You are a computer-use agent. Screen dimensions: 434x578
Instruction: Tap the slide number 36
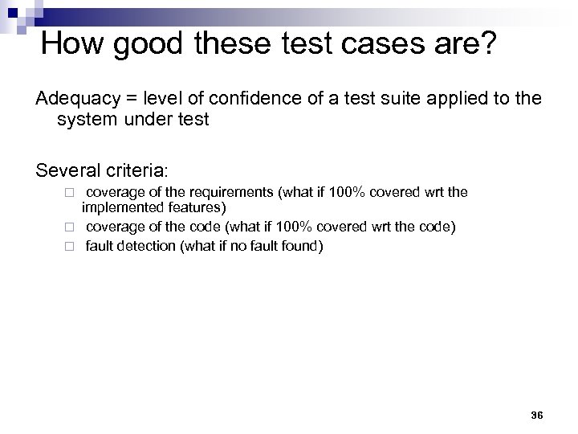click(537, 416)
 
